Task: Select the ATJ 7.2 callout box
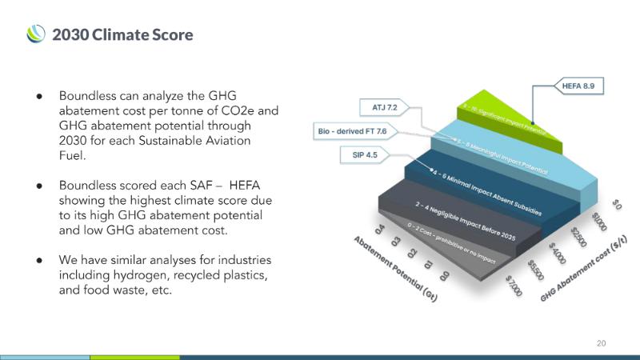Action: coord(385,106)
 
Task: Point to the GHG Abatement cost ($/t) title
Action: coord(583,264)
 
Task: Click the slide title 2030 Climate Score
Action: coord(122,34)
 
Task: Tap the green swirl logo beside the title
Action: coord(36,34)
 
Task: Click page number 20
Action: coord(602,343)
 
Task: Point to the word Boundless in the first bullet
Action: coord(92,95)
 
